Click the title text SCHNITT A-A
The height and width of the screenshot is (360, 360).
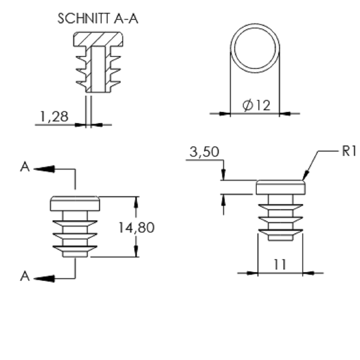pos(98,19)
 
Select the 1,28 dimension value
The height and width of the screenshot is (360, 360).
pos(54,117)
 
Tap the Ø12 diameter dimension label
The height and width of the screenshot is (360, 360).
pos(256,105)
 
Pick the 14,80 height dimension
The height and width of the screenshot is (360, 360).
pos(136,228)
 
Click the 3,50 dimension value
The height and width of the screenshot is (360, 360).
pos(204,152)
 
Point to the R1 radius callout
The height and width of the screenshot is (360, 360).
pos(349,151)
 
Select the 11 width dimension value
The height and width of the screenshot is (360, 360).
pos(280,265)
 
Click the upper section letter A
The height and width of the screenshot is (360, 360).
pos(25,167)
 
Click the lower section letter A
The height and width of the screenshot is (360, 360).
pos(25,276)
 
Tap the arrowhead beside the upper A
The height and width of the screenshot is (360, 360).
pos(44,169)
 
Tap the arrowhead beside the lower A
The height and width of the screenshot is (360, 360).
pos(44,279)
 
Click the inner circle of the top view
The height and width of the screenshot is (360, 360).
pos(255,28)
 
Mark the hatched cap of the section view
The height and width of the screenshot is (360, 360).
pos(98,39)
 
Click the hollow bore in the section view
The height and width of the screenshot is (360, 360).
pos(98,69)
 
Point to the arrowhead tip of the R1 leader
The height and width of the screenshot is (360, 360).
pos(303,180)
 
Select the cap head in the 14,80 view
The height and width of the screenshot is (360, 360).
pos(75,203)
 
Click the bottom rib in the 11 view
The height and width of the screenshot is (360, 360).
pos(280,232)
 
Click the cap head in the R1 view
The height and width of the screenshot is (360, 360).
pos(280,187)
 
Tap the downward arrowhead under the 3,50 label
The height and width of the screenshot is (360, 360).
pos(224,175)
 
